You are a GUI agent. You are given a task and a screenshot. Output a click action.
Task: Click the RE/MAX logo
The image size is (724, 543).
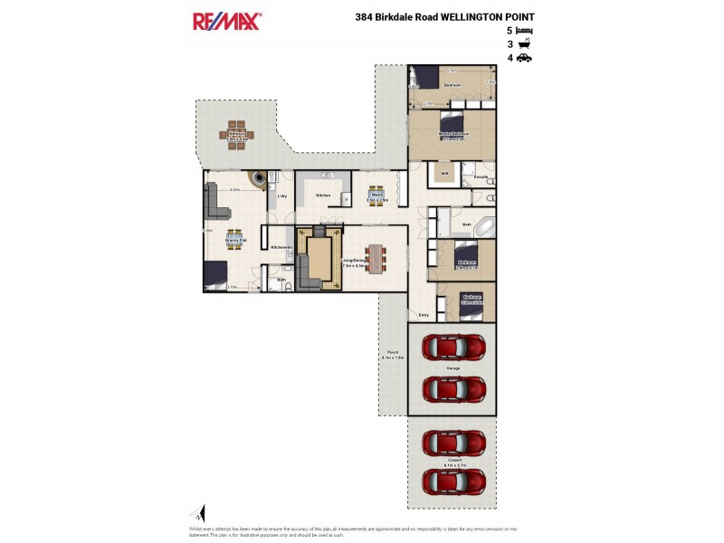tap(226, 22)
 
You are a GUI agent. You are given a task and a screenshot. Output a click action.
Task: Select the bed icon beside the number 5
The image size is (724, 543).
tap(524, 30)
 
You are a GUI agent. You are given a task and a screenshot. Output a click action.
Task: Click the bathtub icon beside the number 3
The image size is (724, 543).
tap(524, 43)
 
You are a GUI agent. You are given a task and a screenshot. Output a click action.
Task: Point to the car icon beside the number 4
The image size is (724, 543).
tap(524, 58)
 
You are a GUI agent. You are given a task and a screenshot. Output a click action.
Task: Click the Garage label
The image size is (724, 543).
tap(452, 369)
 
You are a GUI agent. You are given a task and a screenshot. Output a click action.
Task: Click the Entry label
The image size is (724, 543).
tap(424, 315)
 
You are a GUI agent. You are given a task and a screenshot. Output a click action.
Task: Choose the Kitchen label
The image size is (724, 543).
tap(321, 195)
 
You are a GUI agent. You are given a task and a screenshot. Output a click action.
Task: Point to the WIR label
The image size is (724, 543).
tap(444, 174)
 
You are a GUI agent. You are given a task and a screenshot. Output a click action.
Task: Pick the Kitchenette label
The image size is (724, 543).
tap(281, 247)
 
